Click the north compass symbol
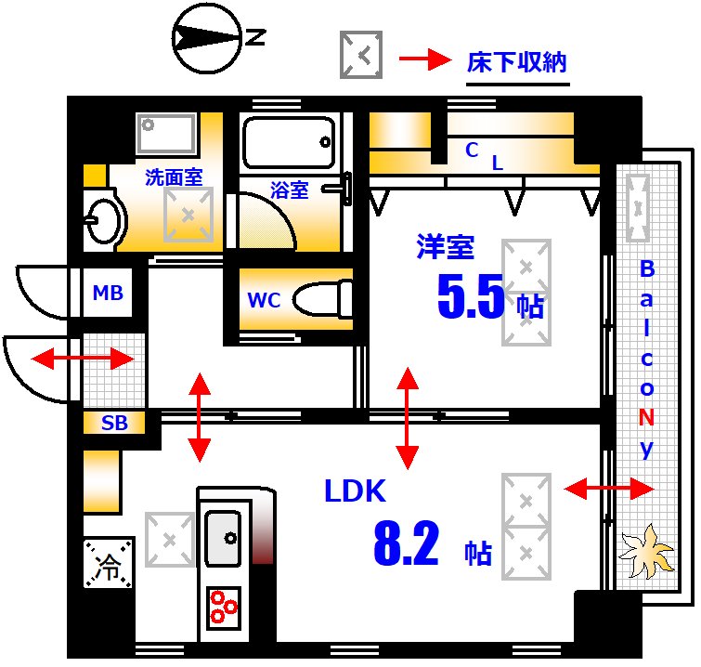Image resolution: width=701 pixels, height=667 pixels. point(207,37)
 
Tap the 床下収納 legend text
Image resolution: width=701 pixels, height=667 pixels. point(516,63)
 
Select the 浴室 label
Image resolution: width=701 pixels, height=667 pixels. point(289,190)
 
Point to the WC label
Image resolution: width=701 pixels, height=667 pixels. point(264,301)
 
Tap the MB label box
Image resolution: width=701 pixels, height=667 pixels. point(108,294)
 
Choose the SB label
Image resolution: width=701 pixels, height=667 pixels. point(114,424)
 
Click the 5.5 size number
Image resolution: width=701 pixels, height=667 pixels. point(471,297)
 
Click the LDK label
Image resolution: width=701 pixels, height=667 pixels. point(355,490)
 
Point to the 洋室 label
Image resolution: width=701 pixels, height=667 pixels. point(445,246)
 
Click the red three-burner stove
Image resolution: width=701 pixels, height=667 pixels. point(224,607)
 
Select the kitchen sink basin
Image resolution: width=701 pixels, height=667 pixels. point(223,537)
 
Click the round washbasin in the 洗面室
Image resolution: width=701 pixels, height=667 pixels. point(101,219)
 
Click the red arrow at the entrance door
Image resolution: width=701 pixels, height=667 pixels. point(83,359)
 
